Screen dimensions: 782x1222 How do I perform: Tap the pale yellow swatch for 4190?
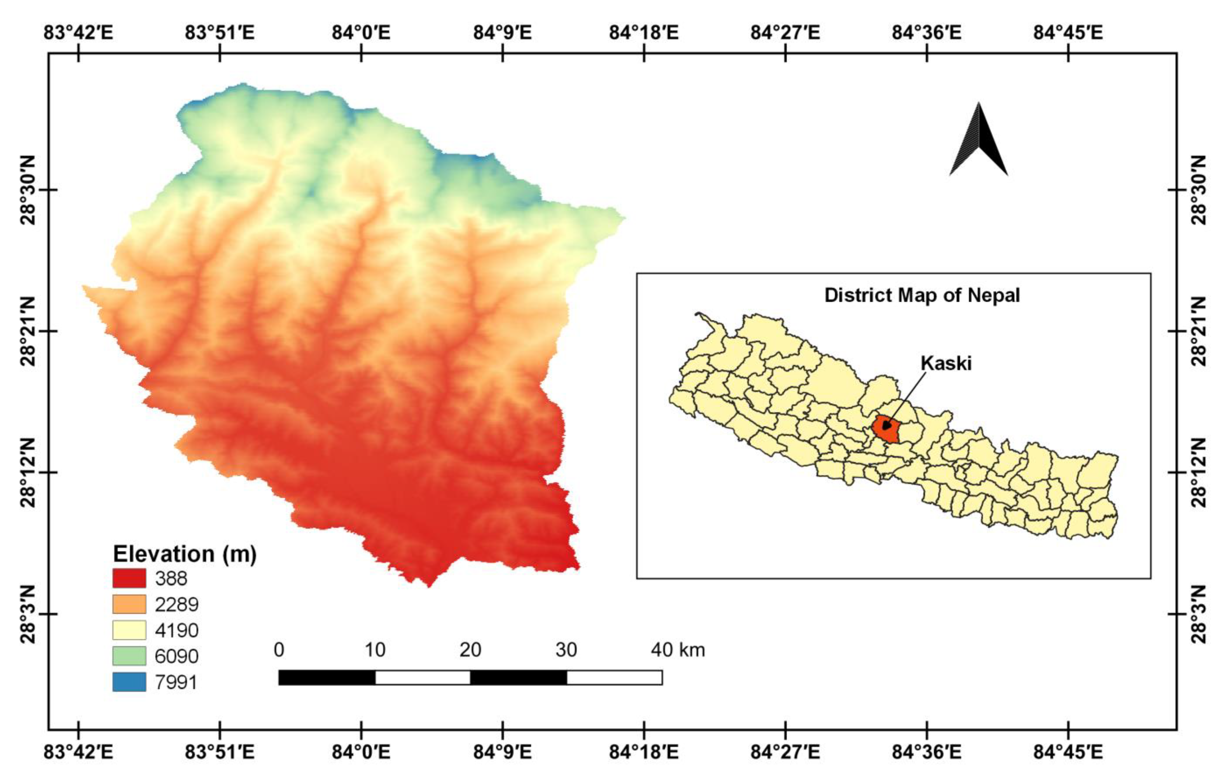(x=129, y=630)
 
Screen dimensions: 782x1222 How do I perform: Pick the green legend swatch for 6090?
(x=129, y=656)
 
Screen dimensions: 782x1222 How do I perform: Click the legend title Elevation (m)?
(x=184, y=554)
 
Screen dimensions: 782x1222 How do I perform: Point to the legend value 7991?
(x=176, y=682)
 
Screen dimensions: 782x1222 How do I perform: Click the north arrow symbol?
(x=978, y=140)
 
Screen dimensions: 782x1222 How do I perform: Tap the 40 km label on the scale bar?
(x=678, y=650)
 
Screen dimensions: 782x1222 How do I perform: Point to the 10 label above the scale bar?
(x=375, y=650)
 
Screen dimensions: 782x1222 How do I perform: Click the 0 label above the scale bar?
(x=279, y=650)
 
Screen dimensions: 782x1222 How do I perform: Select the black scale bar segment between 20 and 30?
(x=518, y=677)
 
